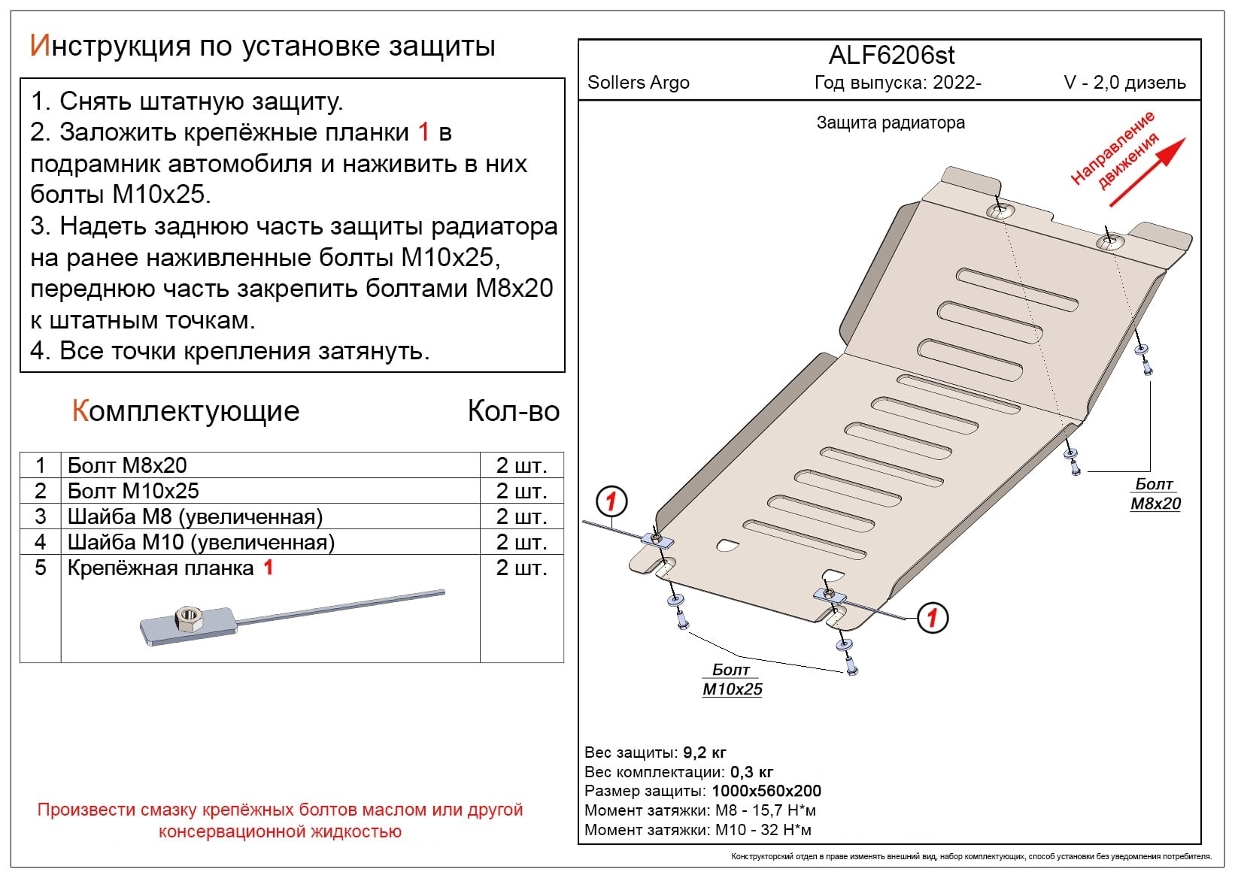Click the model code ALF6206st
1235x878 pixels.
pyautogui.click(x=891, y=56)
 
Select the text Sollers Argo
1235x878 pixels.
pyautogui.click(x=638, y=83)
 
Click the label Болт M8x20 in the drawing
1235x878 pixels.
pyautogui.click(x=1155, y=494)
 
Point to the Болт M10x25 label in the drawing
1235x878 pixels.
pyautogui.click(x=732, y=680)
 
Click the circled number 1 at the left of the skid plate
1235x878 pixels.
pyautogui.click(x=611, y=501)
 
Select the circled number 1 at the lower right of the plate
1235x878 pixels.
pyautogui.click(x=932, y=618)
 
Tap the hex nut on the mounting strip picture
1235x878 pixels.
pyautogui.click(x=186, y=619)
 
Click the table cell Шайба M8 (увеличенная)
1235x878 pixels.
pyautogui.click(x=195, y=516)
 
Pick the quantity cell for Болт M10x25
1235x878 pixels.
pyautogui.click(x=520, y=491)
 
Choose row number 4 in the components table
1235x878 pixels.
pyautogui.click(x=41, y=542)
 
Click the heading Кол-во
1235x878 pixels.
pyautogui.click(x=513, y=411)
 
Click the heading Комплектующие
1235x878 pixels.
pyautogui.click(x=186, y=411)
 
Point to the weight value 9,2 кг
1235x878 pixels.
pyautogui.click(x=704, y=752)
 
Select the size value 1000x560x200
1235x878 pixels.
pyautogui.click(x=766, y=791)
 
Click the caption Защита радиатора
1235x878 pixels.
pyautogui.click(x=890, y=123)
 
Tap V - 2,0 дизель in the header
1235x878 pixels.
pyautogui.click(x=1124, y=83)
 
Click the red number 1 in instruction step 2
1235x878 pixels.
pyautogui.click(x=423, y=132)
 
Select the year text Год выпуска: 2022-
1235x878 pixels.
pyautogui.click(x=897, y=83)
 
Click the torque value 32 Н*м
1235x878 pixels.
pyautogui.click(x=784, y=830)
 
